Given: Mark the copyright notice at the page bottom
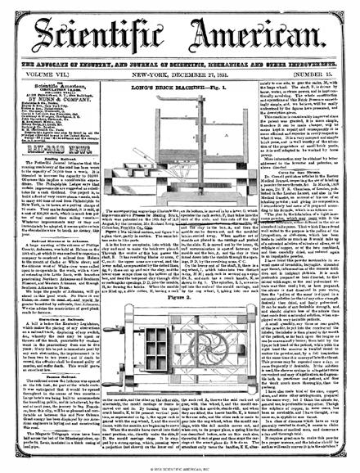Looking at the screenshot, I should (179, 466).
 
